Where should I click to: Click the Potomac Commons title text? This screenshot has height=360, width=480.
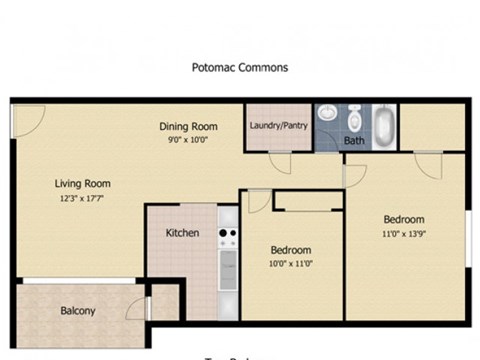(x=240, y=69)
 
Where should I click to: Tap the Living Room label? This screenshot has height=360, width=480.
(x=82, y=183)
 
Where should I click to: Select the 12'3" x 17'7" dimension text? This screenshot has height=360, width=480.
(x=82, y=197)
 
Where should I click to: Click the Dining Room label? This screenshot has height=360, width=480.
(x=189, y=126)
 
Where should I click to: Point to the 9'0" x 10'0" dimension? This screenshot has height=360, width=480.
(x=189, y=139)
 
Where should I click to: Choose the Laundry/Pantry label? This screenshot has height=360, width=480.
(x=279, y=126)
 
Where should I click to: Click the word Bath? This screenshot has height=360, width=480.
(x=354, y=141)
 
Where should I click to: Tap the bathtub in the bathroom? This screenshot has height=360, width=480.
(x=386, y=123)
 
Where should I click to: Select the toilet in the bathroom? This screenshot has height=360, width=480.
(x=354, y=118)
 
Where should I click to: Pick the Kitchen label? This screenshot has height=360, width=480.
(x=182, y=233)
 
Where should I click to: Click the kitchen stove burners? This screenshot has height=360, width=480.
(x=228, y=236)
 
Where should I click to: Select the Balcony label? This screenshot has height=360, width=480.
(x=77, y=311)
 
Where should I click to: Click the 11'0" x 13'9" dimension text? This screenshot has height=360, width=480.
(x=404, y=233)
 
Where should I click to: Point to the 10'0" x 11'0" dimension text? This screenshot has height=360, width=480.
(x=291, y=263)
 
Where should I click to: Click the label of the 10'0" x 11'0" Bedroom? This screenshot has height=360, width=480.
(x=291, y=249)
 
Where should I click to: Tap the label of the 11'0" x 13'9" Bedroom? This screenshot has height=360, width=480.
(x=404, y=219)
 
